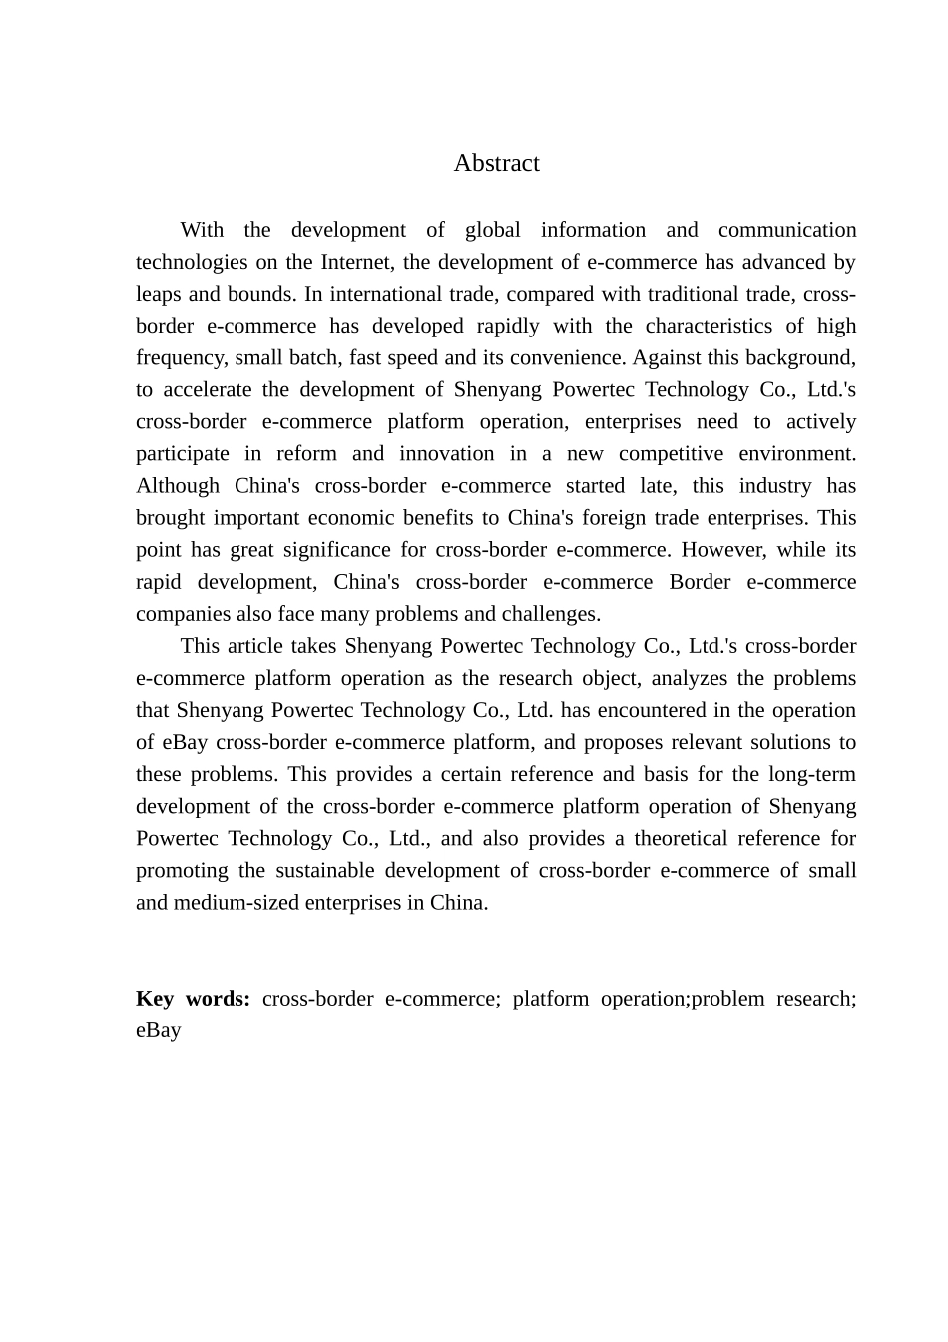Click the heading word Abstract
(496, 163)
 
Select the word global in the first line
(492, 230)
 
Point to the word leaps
(159, 294)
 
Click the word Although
(177, 485)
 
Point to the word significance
(337, 549)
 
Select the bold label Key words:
(193, 999)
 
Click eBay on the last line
(158, 1030)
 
